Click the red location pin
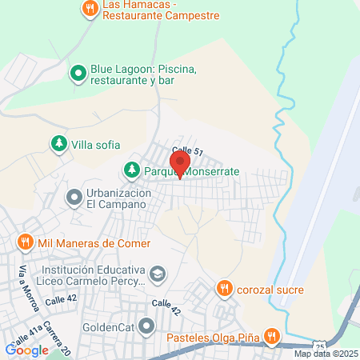180,163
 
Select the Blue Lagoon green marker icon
78,74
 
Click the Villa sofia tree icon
58,144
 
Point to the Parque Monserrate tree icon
130,170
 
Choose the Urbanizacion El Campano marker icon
74,196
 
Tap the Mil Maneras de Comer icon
25,242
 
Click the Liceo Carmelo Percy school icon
158,274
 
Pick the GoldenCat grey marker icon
146,326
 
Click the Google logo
26,350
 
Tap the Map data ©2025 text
326,354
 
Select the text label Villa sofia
95,144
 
